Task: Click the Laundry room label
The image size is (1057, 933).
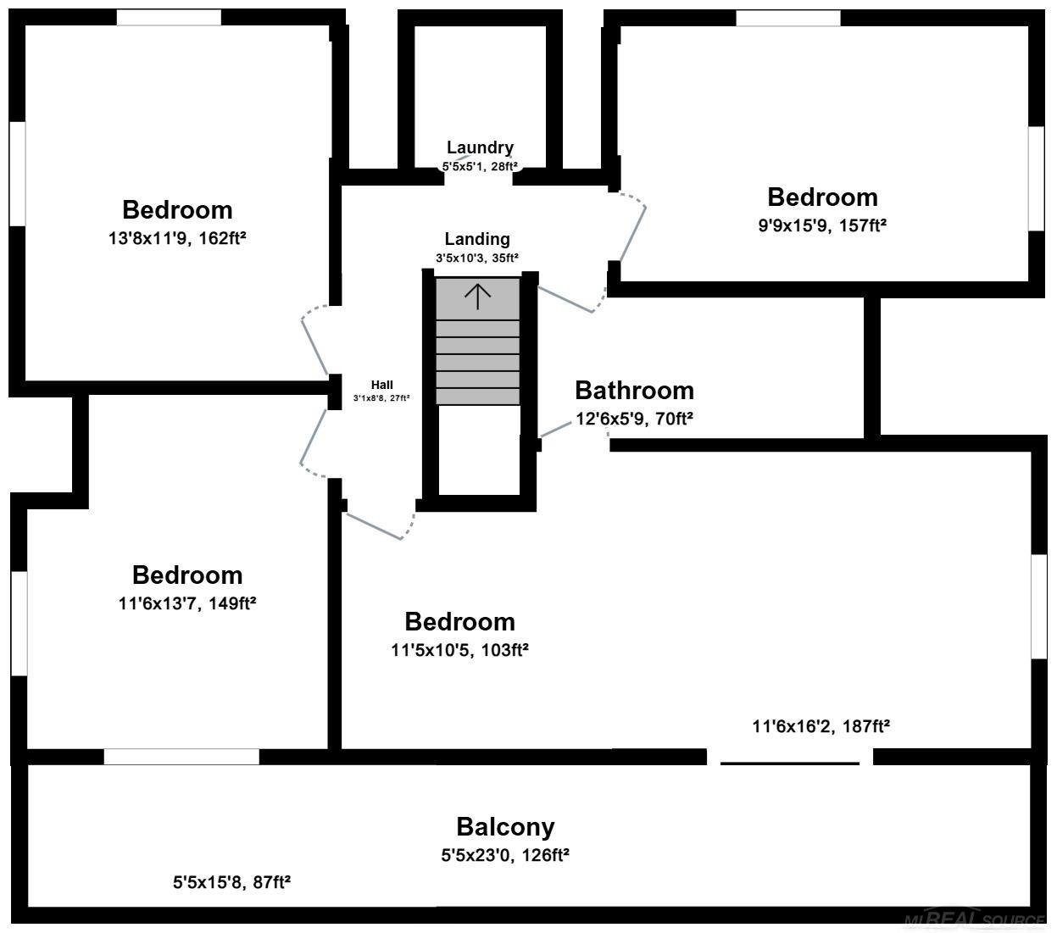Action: coord(480,148)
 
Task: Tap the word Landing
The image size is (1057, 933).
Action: coord(477,239)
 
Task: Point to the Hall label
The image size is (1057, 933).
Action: coord(382,385)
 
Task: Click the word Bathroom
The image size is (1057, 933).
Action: coord(634,390)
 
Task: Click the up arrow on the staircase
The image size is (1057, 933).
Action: coord(478,297)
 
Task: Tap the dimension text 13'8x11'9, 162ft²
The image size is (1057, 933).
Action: coord(177,238)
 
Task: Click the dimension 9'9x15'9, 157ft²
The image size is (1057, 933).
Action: coord(822,225)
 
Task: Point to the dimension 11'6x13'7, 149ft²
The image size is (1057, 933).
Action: coord(187,603)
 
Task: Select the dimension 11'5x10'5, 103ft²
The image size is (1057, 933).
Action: coord(460,650)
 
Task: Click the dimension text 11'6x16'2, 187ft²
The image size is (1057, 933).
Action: coord(821,726)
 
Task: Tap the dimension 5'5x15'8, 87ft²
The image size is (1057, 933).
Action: coord(231,882)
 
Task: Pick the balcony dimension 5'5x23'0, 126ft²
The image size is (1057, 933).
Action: coord(505,855)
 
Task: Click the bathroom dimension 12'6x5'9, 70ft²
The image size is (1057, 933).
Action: coord(634,419)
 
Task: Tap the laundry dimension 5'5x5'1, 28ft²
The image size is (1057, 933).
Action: coord(480,167)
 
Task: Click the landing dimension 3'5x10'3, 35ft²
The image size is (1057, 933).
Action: coord(477,258)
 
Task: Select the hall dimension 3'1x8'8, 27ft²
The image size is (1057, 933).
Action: coord(381,398)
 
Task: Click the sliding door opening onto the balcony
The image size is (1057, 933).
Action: coord(790,763)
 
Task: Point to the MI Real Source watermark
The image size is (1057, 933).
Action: coord(975,919)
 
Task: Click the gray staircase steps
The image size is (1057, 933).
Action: coord(478,341)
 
